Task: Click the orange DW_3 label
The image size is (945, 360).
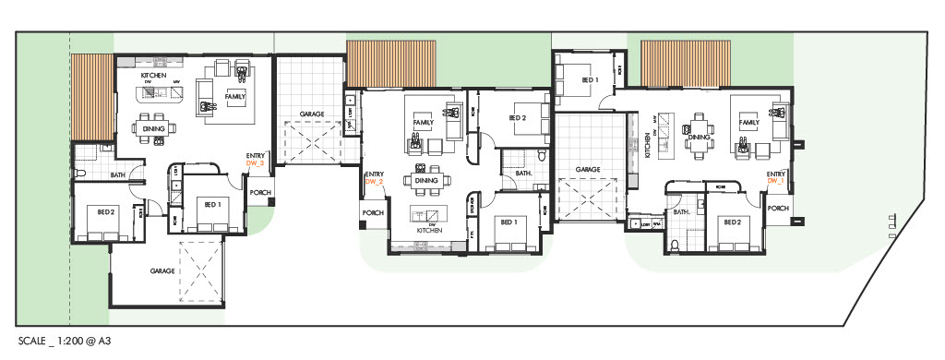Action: [x=256, y=162]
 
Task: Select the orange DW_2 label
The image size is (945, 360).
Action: [x=375, y=182]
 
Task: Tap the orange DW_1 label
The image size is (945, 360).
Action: [x=775, y=181]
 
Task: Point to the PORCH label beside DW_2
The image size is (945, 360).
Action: [x=373, y=212]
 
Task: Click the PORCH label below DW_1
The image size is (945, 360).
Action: [x=778, y=209]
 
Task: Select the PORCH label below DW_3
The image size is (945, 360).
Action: [x=259, y=194]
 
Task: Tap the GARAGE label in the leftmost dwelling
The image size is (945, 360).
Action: [x=163, y=272]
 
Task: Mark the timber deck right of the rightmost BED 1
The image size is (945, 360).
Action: [x=684, y=64]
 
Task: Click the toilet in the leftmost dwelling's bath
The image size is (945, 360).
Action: [x=82, y=174]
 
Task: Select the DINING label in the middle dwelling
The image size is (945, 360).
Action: [x=426, y=181]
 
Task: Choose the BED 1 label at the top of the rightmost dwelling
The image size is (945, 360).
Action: [x=590, y=80]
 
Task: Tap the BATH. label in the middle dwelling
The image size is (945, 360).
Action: [x=523, y=173]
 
